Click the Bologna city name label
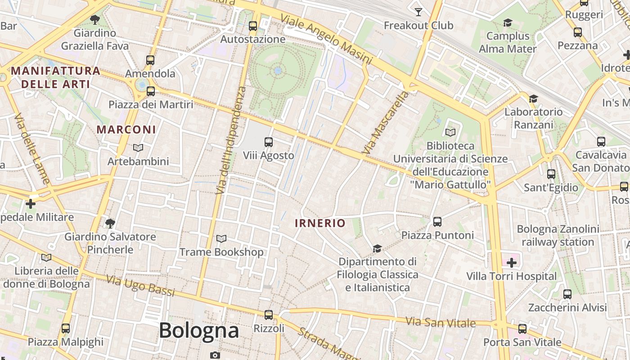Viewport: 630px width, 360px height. coord(198,331)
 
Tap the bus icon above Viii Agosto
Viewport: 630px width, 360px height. coord(269,142)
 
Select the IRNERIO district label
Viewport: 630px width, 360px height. coord(320,223)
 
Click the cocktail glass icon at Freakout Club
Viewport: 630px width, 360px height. coord(418,12)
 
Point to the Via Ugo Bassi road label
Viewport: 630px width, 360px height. coord(140,285)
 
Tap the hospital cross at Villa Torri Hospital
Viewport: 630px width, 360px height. coord(512,263)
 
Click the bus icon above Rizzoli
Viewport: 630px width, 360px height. coord(269,315)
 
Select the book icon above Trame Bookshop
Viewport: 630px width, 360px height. coord(221,238)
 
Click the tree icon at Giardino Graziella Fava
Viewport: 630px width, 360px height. coord(95,19)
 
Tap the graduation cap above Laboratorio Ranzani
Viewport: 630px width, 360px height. coord(533,99)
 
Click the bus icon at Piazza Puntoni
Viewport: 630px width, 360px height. coord(437,221)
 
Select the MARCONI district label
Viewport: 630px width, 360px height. coord(126,130)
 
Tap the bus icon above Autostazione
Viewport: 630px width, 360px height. coord(253,26)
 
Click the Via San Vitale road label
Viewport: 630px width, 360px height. coord(441,322)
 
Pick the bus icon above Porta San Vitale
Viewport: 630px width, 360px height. coord(522,329)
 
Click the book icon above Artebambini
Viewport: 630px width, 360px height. coord(138,148)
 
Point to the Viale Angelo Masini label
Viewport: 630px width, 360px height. coord(326,39)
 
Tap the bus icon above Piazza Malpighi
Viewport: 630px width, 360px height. coord(66,328)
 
